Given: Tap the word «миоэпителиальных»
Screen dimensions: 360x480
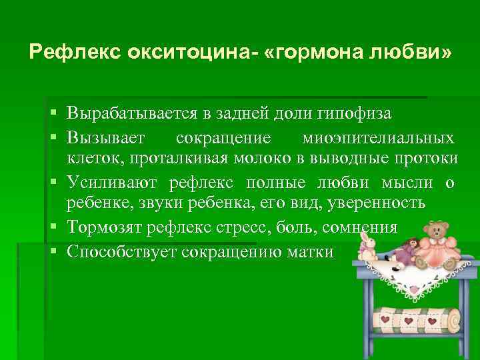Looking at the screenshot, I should (379, 138).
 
